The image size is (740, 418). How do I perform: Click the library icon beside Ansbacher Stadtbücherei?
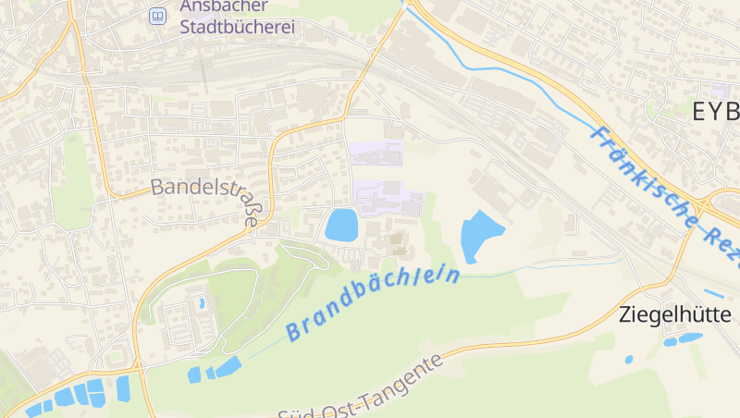click(158, 16)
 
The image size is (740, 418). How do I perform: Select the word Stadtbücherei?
click(237, 27)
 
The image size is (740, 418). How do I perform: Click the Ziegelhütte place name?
click(675, 314)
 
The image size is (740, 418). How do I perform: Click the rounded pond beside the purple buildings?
click(341, 225)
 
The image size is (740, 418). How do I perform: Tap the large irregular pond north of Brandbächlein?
click(480, 236)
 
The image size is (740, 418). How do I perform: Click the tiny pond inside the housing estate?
click(201, 302)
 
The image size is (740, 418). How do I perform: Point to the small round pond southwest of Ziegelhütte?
click(629, 359)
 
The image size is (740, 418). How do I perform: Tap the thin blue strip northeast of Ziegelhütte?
click(713, 294)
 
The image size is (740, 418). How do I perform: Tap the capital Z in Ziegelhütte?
click(624, 314)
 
